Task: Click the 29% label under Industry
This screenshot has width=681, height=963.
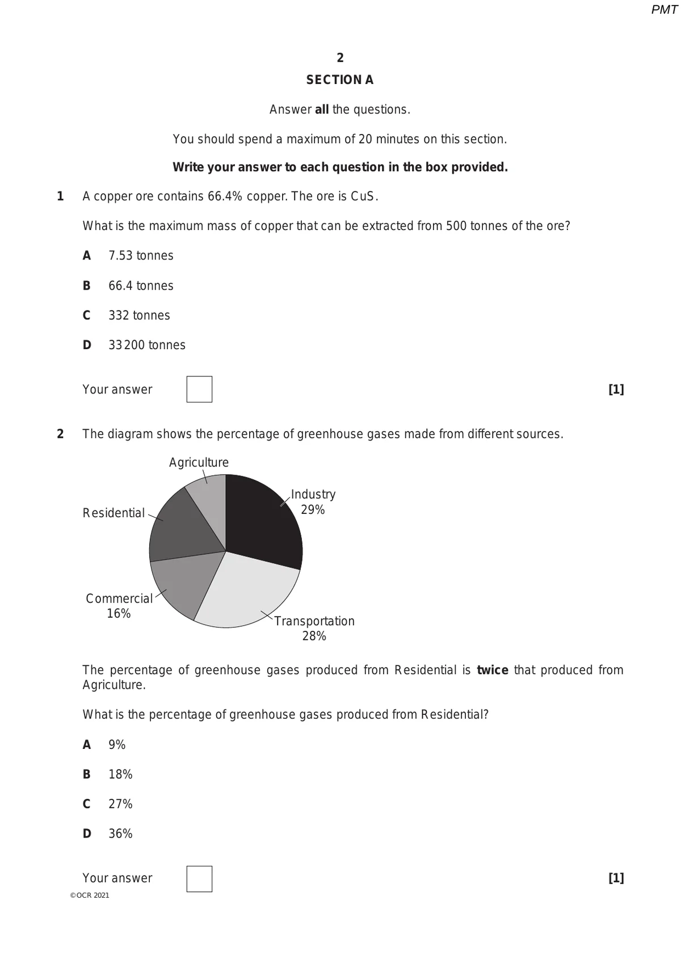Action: tap(313, 510)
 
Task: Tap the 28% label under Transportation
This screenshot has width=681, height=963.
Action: tap(314, 636)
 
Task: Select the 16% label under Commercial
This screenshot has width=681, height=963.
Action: tap(119, 614)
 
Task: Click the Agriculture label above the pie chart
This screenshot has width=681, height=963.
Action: tap(199, 463)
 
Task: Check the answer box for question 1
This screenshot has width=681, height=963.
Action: tap(199, 390)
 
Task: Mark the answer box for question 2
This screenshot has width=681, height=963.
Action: tap(199, 879)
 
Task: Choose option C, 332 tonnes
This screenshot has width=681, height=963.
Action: tap(139, 316)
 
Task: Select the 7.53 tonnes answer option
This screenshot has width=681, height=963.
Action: tap(141, 256)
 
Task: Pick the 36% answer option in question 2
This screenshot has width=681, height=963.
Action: tap(120, 834)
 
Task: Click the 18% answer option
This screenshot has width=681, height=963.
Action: tap(120, 774)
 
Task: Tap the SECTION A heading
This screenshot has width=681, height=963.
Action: tap(340, 80)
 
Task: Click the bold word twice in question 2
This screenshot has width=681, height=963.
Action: tap(492, 671)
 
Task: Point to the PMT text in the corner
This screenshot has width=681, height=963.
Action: tap(664, 10)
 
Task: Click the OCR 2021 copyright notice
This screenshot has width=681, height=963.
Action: tap(90, 895)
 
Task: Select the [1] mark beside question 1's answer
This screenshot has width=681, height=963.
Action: tap(616, 390)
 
